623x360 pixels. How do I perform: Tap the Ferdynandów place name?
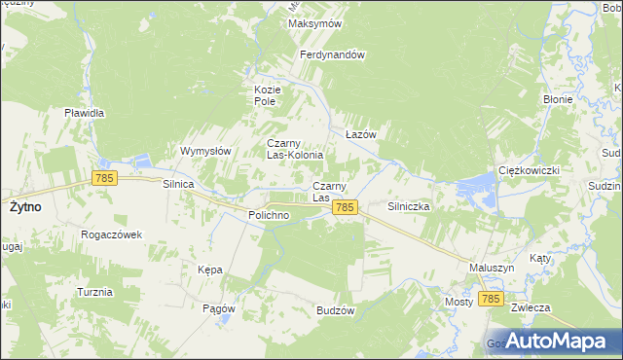332,55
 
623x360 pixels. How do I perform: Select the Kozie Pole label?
267,94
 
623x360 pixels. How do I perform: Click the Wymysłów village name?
205,151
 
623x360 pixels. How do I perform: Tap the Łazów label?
361,134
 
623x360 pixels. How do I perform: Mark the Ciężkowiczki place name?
528,170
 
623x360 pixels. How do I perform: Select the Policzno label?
268,215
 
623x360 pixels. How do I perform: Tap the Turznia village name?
94,292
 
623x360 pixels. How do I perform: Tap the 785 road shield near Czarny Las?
345,208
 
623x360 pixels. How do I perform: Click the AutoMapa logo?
552,340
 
